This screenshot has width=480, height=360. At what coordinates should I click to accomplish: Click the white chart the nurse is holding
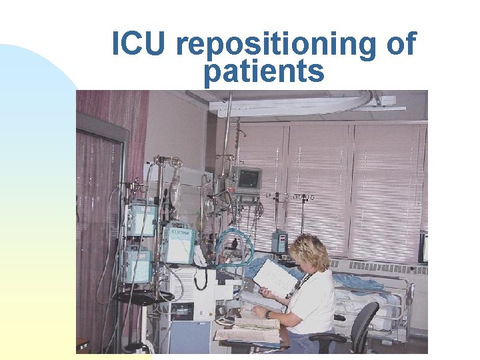pyautogui.click(x=275, y=277)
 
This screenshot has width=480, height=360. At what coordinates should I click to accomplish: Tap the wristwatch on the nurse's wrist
pyautogui.click(x=267, y=314)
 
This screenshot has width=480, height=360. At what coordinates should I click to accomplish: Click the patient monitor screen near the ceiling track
pyautogui.click(x=249, y=178)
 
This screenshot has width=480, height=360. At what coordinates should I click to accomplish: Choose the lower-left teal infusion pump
pyautogui.click(x=137, y=265)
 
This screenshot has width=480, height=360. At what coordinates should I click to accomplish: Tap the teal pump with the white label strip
pyautogui.click(x=179, y=245)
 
